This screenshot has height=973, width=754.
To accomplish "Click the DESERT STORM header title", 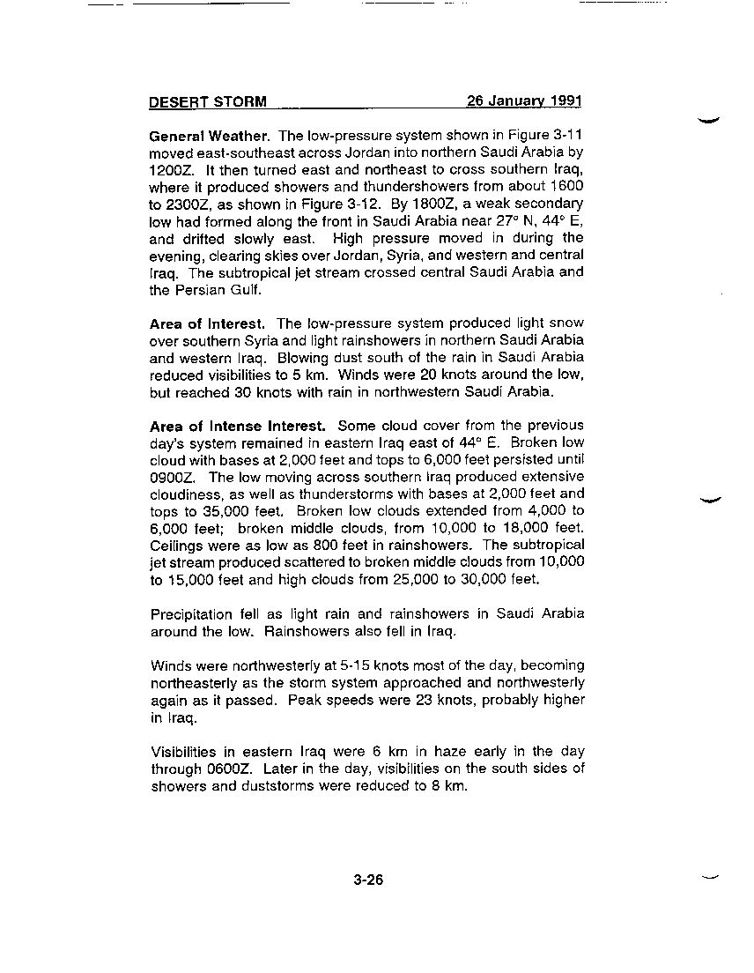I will coord(208,101).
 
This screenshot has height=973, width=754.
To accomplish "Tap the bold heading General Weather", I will coord(211,137).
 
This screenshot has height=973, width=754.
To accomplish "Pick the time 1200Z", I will coord(172,170).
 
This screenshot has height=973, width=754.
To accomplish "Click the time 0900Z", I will coord(172,477).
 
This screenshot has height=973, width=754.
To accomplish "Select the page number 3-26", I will coord(368,880).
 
